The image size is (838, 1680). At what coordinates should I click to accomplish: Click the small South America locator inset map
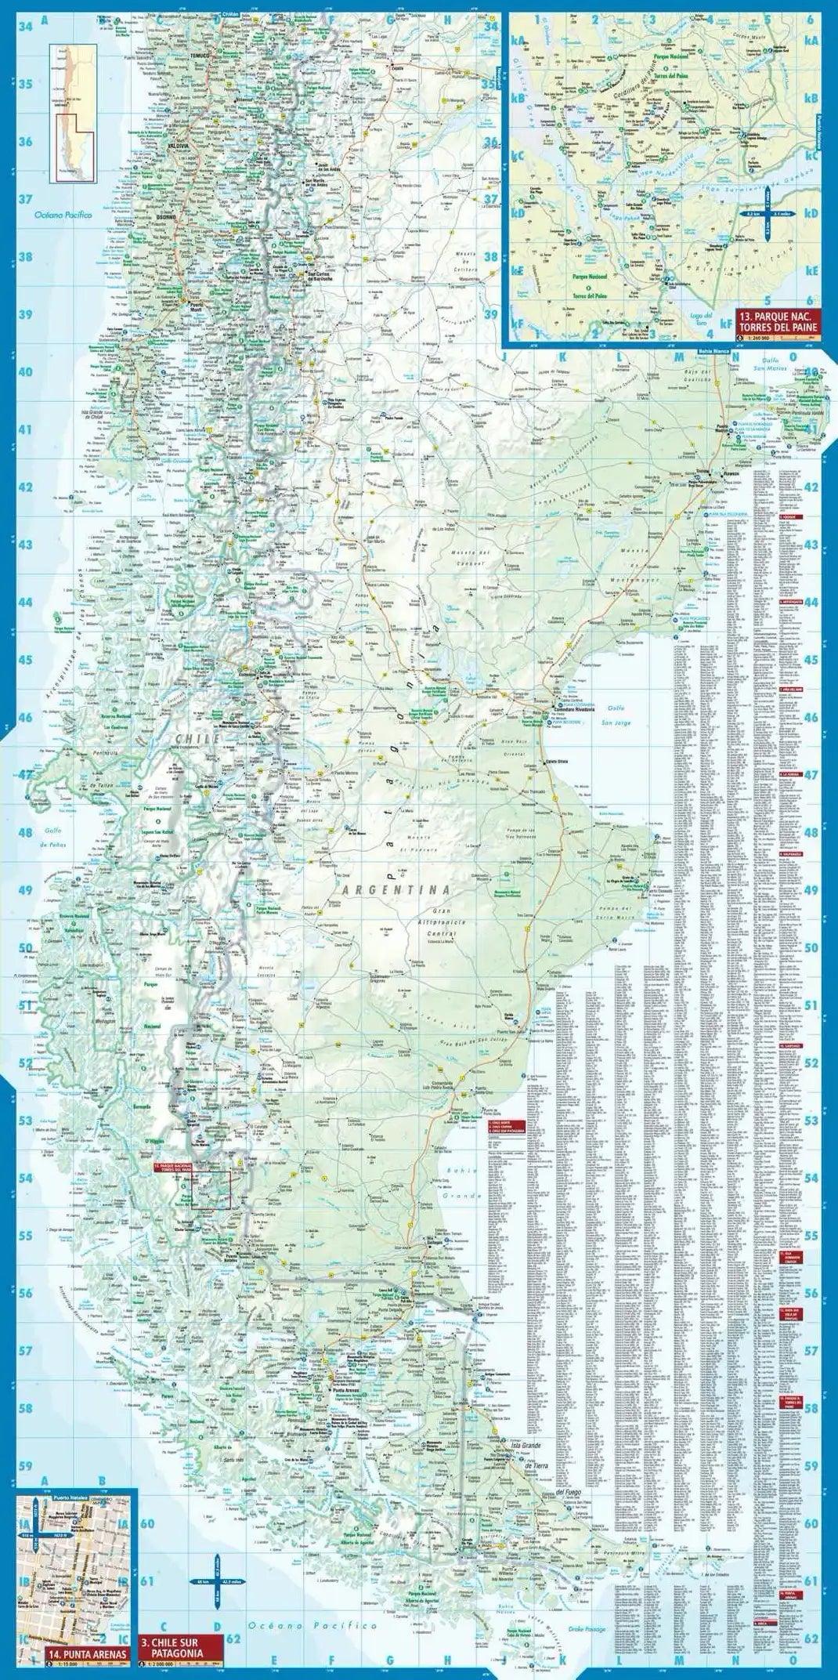71,109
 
